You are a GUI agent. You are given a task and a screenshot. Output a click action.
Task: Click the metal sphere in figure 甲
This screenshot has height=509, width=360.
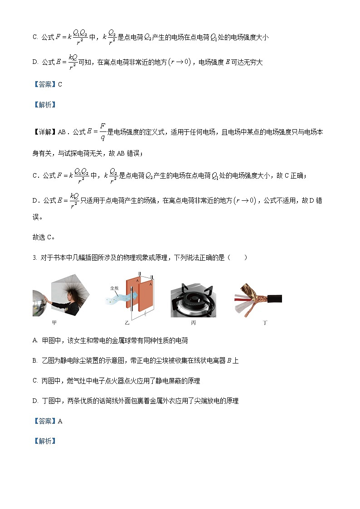click(39, 303)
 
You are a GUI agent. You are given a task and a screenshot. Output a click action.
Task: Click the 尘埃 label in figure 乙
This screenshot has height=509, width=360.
click(114, 288)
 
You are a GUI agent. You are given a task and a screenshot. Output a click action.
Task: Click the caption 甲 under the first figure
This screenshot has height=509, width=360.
click(54, 323)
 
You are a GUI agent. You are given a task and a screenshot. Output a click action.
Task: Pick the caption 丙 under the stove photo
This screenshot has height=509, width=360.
click(193, 323)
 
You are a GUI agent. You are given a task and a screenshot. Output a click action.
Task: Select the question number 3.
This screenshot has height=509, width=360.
click(34, 258)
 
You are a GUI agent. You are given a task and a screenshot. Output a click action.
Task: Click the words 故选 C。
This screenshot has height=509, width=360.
click(44, 237)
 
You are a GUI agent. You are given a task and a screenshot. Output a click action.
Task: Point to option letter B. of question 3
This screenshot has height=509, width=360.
click(35, 361)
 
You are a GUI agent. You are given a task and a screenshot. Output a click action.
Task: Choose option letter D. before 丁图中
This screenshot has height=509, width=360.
click(35, 401)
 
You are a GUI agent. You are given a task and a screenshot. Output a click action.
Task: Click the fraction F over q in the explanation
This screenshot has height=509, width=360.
click(103, 132)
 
